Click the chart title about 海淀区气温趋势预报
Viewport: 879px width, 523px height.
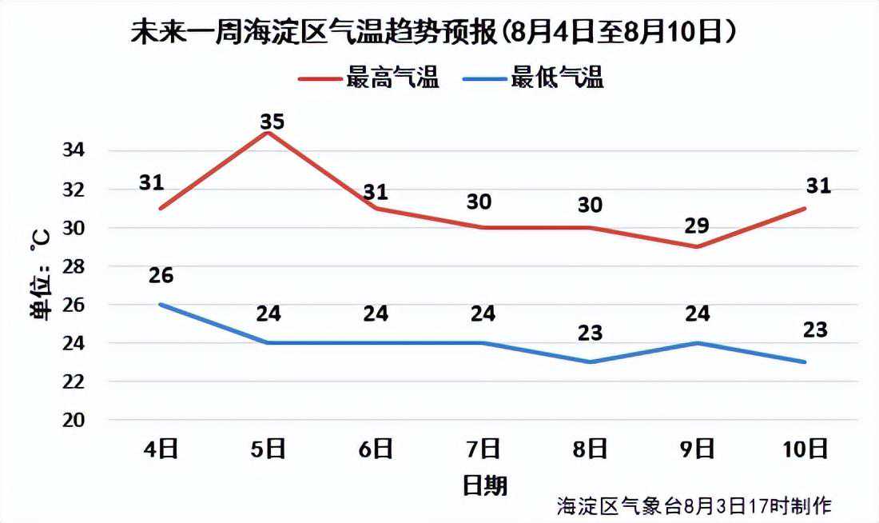click(433, 33)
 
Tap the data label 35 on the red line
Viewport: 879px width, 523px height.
click(272, 122)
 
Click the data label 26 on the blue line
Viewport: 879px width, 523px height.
click(161, 275)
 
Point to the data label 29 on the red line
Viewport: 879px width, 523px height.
click(698, 226)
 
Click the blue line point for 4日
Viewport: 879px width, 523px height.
click(162, 305)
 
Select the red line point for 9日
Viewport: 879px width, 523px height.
click(698, 246)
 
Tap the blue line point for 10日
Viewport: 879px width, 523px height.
click(805, 362)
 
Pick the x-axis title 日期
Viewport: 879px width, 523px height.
click(484, 485)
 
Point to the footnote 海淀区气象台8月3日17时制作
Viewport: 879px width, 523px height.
click(694, 505)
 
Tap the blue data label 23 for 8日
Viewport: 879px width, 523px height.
click(591, 333)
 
